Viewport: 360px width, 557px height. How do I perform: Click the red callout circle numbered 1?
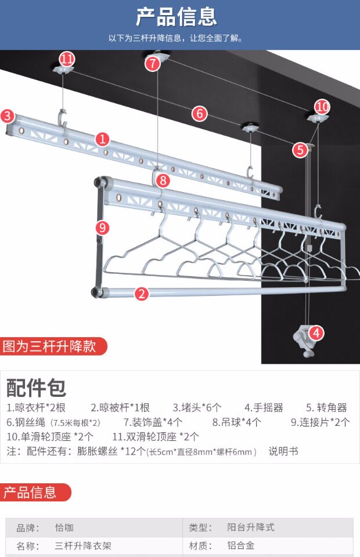click(x=102, y=139)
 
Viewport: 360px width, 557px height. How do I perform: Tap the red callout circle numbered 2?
click(x=142, y=294)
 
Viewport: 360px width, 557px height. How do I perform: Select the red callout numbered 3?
click(x=8, y=115)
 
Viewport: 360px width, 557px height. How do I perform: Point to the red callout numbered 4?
click(x=316, y=333)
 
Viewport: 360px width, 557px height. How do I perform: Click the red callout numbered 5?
click(x=300, y=150)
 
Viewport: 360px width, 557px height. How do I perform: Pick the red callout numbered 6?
click(x=200, y=113)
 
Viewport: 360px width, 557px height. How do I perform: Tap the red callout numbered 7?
click(x=153, y=63)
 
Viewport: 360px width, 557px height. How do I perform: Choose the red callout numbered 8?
click(x=163, y=180)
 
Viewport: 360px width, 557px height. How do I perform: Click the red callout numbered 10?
click(x=322, y=106)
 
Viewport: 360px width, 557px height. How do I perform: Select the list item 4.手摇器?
click(x=264, y=407)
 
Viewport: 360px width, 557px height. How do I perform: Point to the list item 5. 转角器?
click(x=326, y=407)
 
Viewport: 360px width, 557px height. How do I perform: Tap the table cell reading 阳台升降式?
click(x=250, y=527)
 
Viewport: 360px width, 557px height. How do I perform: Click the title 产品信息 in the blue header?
click(x=177, y=17)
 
